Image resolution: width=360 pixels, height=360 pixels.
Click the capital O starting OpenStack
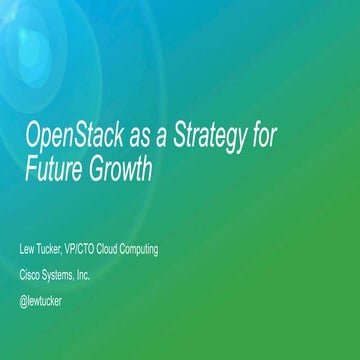point(31,136)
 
